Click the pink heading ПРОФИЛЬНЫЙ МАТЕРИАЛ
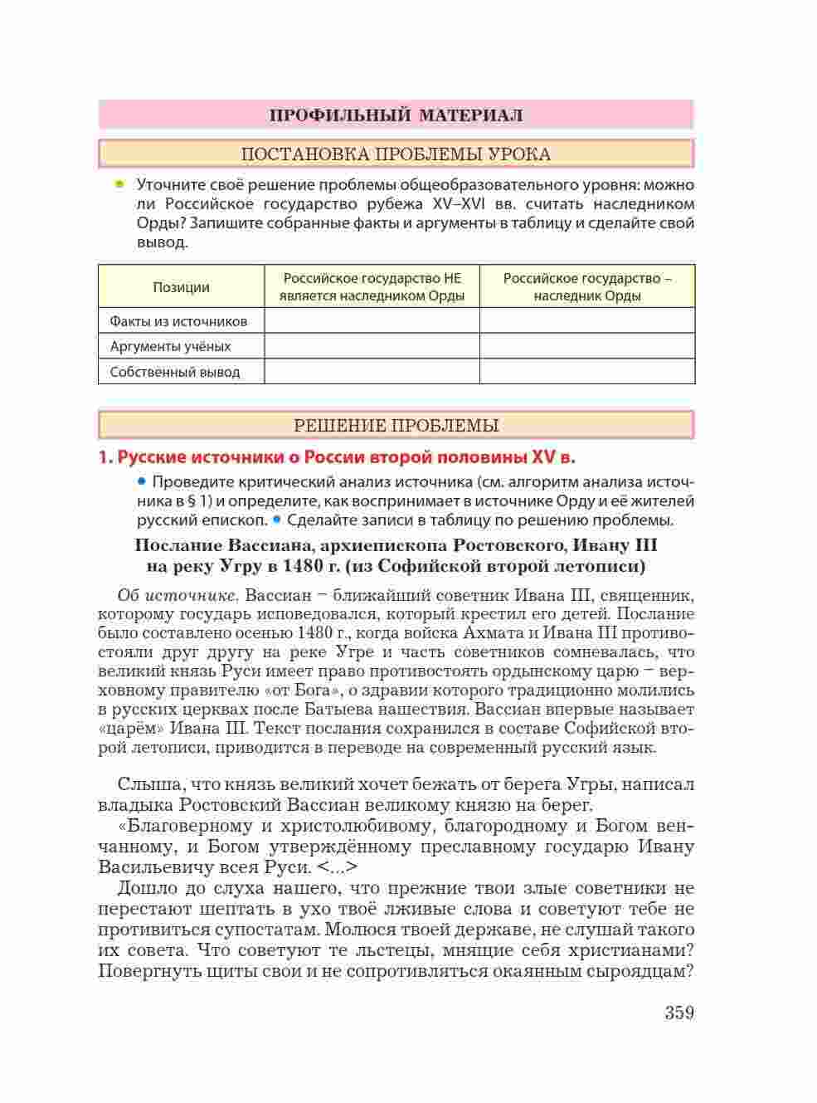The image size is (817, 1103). click(396, 115)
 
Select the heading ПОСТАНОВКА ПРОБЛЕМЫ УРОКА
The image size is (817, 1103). click(396, 154)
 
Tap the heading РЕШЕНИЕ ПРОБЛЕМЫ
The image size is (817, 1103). click(396, 426)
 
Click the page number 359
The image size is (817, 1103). click(678, 1013)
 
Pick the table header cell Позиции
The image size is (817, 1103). click(181, 287)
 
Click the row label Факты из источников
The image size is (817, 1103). click(178, 321)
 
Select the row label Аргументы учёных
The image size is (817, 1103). click(170, 346)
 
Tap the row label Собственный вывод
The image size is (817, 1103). click(174, 372)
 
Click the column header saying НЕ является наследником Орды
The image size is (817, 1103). click(372, 287)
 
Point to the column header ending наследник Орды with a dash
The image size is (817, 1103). click(587, 287)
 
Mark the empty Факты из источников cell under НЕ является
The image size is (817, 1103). click(372, 321)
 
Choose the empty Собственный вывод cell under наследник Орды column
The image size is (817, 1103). click(587, 372)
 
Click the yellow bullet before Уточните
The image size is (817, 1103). click(119, 183)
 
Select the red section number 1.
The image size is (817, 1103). click(104, 456)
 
